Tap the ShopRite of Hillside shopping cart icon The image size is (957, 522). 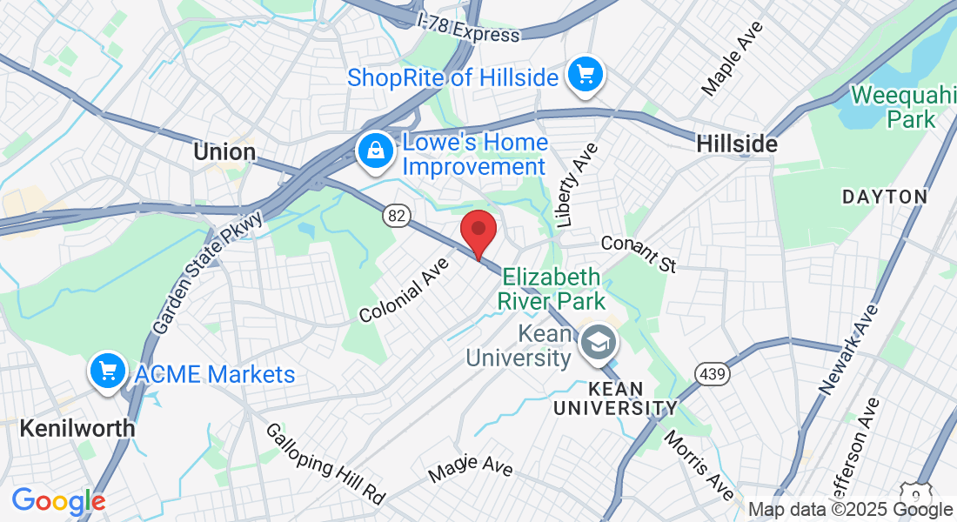pyautogui.click(x=586, y=75)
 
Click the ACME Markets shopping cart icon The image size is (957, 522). pyautogui.click(x=108, y=372)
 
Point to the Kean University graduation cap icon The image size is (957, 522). pyautogui.click(x=598, y=341)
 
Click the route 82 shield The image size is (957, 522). pyautogui.click(x=396, y=216)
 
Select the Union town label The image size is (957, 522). pyautogui.click(x=224, y=152)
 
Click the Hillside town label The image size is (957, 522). pyautogui.click(x=737, y=144)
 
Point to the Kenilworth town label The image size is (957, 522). pyautogui.click(x=77, y=428)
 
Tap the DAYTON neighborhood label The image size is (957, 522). pyautogui.click(x=885, y=197)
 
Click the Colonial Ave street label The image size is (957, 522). pyautogui.click(x=405, y=289)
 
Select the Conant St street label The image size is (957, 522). pyautogui.click(x=638, y=253)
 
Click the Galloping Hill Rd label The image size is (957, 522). pyautogui.click(x=325, y=463)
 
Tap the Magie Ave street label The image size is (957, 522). pyautogui.click(x=472, y=470)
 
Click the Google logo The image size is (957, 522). pyautogui.click(x=58, y=501)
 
